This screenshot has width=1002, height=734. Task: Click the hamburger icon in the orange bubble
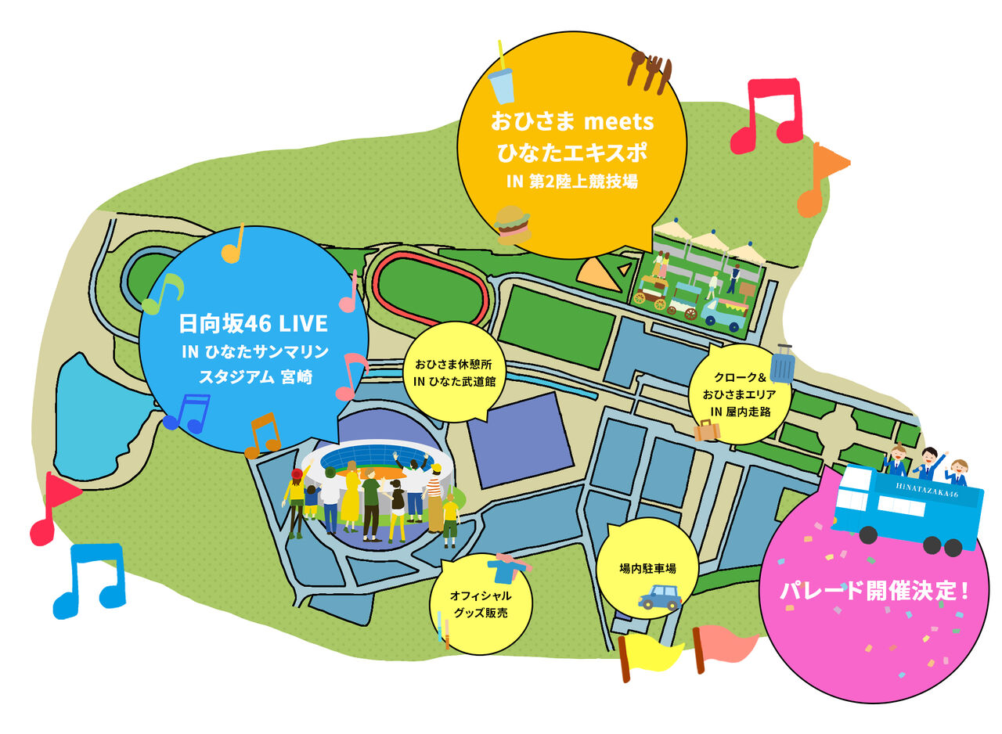(513, 225)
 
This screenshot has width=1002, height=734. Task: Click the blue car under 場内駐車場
(659, 598)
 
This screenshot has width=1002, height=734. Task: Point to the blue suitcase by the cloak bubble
(782, 365)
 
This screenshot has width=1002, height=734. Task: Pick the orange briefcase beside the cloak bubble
(707, 430)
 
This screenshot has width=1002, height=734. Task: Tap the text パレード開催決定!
(874, 591)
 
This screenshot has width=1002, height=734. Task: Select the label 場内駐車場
(647, 569)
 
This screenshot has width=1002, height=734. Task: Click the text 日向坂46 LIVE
(253, 324)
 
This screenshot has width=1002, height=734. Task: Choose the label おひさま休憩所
(453, 365)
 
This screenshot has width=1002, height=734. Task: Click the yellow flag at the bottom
(651, 655)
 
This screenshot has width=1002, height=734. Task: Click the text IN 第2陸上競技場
(572, 182)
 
